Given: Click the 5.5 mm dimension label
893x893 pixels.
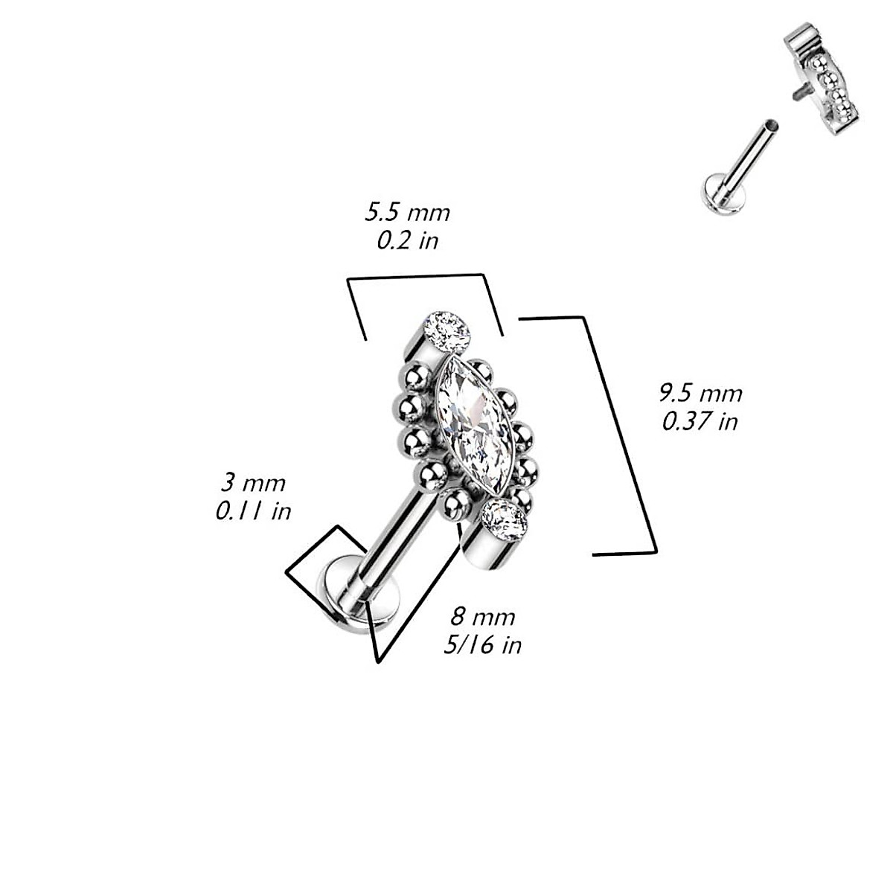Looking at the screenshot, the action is (407, 213).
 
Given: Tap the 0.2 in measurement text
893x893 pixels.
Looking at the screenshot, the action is (407, 240).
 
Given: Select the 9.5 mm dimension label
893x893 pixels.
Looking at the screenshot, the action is (700, 393).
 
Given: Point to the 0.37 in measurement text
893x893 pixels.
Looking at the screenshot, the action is (700, 422).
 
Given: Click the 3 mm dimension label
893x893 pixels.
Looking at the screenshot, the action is (253, 483).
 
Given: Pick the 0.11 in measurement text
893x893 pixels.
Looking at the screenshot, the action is (253, 511).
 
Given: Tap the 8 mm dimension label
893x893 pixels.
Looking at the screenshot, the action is (482, 616).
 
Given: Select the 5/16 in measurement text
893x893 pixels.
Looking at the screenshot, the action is (482, 644).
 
